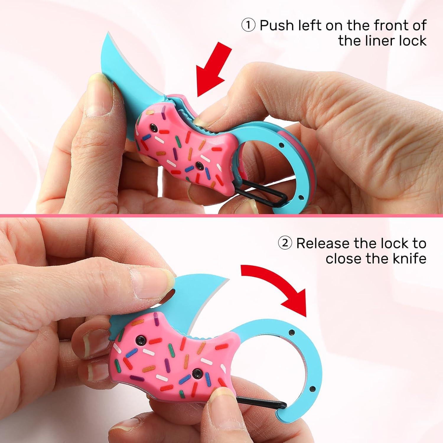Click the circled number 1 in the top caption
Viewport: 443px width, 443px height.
(x=248, y=26)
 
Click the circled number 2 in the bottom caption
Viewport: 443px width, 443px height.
(x=285, y=243)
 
